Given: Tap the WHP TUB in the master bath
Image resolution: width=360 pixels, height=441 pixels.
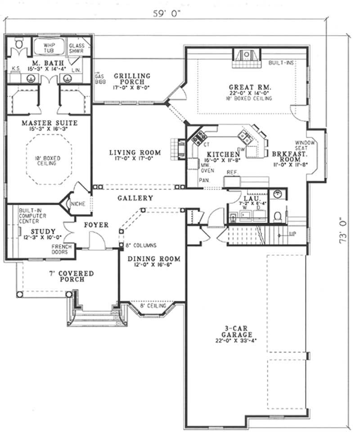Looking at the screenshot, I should (48, 48).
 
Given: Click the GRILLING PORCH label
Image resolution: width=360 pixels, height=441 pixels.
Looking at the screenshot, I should (132, 79).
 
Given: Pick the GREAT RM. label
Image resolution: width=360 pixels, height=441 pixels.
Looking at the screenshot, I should (243, 87).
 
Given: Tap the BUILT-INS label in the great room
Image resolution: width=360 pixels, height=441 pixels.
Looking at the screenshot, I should (281, 63).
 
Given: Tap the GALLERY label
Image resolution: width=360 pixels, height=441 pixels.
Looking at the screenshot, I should (135, 198).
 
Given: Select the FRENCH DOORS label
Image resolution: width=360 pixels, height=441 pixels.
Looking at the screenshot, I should (62, 249).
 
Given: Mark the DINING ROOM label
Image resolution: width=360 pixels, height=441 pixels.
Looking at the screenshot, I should (153, 259).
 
